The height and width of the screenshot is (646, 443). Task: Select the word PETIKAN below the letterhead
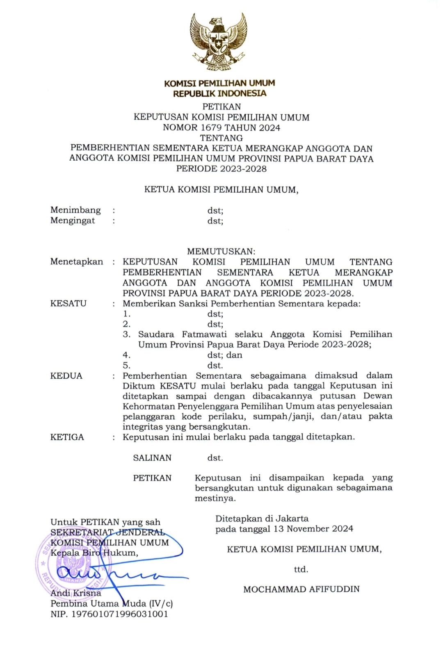[221, 107]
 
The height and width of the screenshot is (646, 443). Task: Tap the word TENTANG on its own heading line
[221, 138]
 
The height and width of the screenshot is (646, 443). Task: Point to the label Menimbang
[75, 210]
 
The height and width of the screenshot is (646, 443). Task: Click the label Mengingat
[73, 221]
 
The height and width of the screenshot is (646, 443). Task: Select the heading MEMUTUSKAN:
[221, 251]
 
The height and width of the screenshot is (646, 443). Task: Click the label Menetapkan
[77, 262]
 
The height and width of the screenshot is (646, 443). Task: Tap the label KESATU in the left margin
[69, 304]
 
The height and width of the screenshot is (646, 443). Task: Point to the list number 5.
[126, 365]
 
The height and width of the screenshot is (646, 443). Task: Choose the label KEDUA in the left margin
[66, 376]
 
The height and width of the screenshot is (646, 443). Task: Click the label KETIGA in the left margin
[67, 437]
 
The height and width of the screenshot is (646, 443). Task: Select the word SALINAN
[152, 458]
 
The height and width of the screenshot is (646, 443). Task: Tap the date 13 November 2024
[313, 529]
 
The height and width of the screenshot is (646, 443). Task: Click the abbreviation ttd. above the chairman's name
[301, 569]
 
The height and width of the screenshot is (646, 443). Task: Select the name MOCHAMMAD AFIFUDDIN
[301, 589]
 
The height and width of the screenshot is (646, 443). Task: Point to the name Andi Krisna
[76, 593]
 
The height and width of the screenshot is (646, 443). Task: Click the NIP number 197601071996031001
[120, 614]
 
